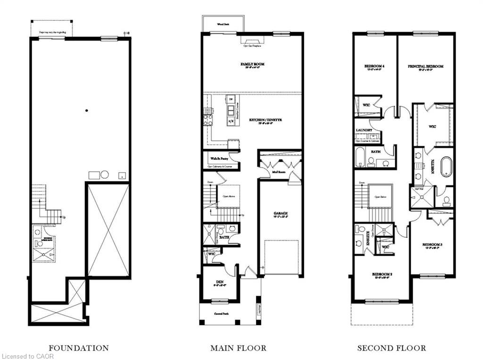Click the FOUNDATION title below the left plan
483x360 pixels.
79,348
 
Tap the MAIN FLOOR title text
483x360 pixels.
238,348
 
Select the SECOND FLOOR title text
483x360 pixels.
391,348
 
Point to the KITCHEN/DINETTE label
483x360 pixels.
266,120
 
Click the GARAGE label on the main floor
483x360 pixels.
280,213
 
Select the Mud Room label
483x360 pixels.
280,172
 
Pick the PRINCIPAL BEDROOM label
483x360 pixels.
425,67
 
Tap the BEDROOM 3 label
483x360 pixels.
432,244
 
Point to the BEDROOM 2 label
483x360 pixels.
383,274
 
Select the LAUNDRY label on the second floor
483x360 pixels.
364,130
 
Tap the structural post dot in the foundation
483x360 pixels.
87,111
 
